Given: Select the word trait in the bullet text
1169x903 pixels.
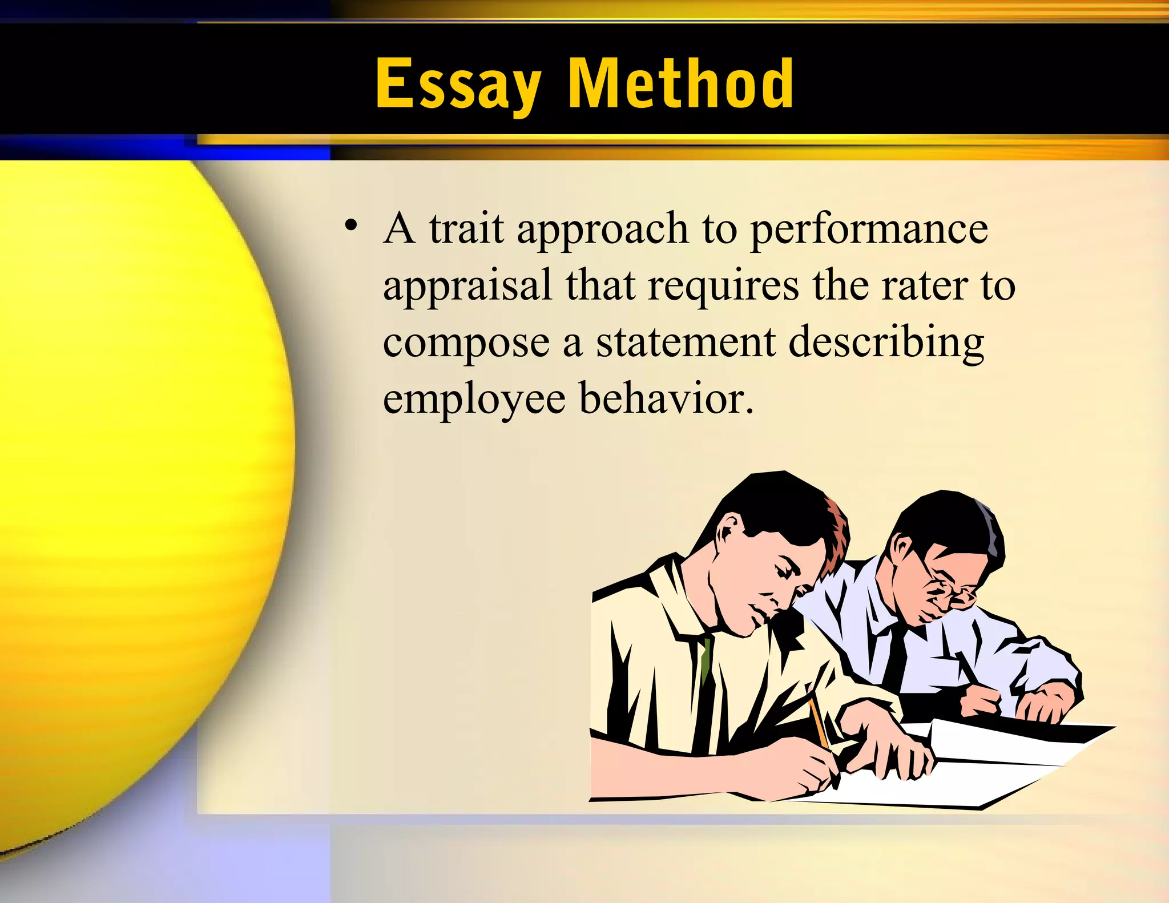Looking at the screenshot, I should pos(466,228).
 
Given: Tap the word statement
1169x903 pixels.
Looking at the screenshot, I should pos(686,342).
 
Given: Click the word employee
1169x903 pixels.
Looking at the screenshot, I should pos(474,400).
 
